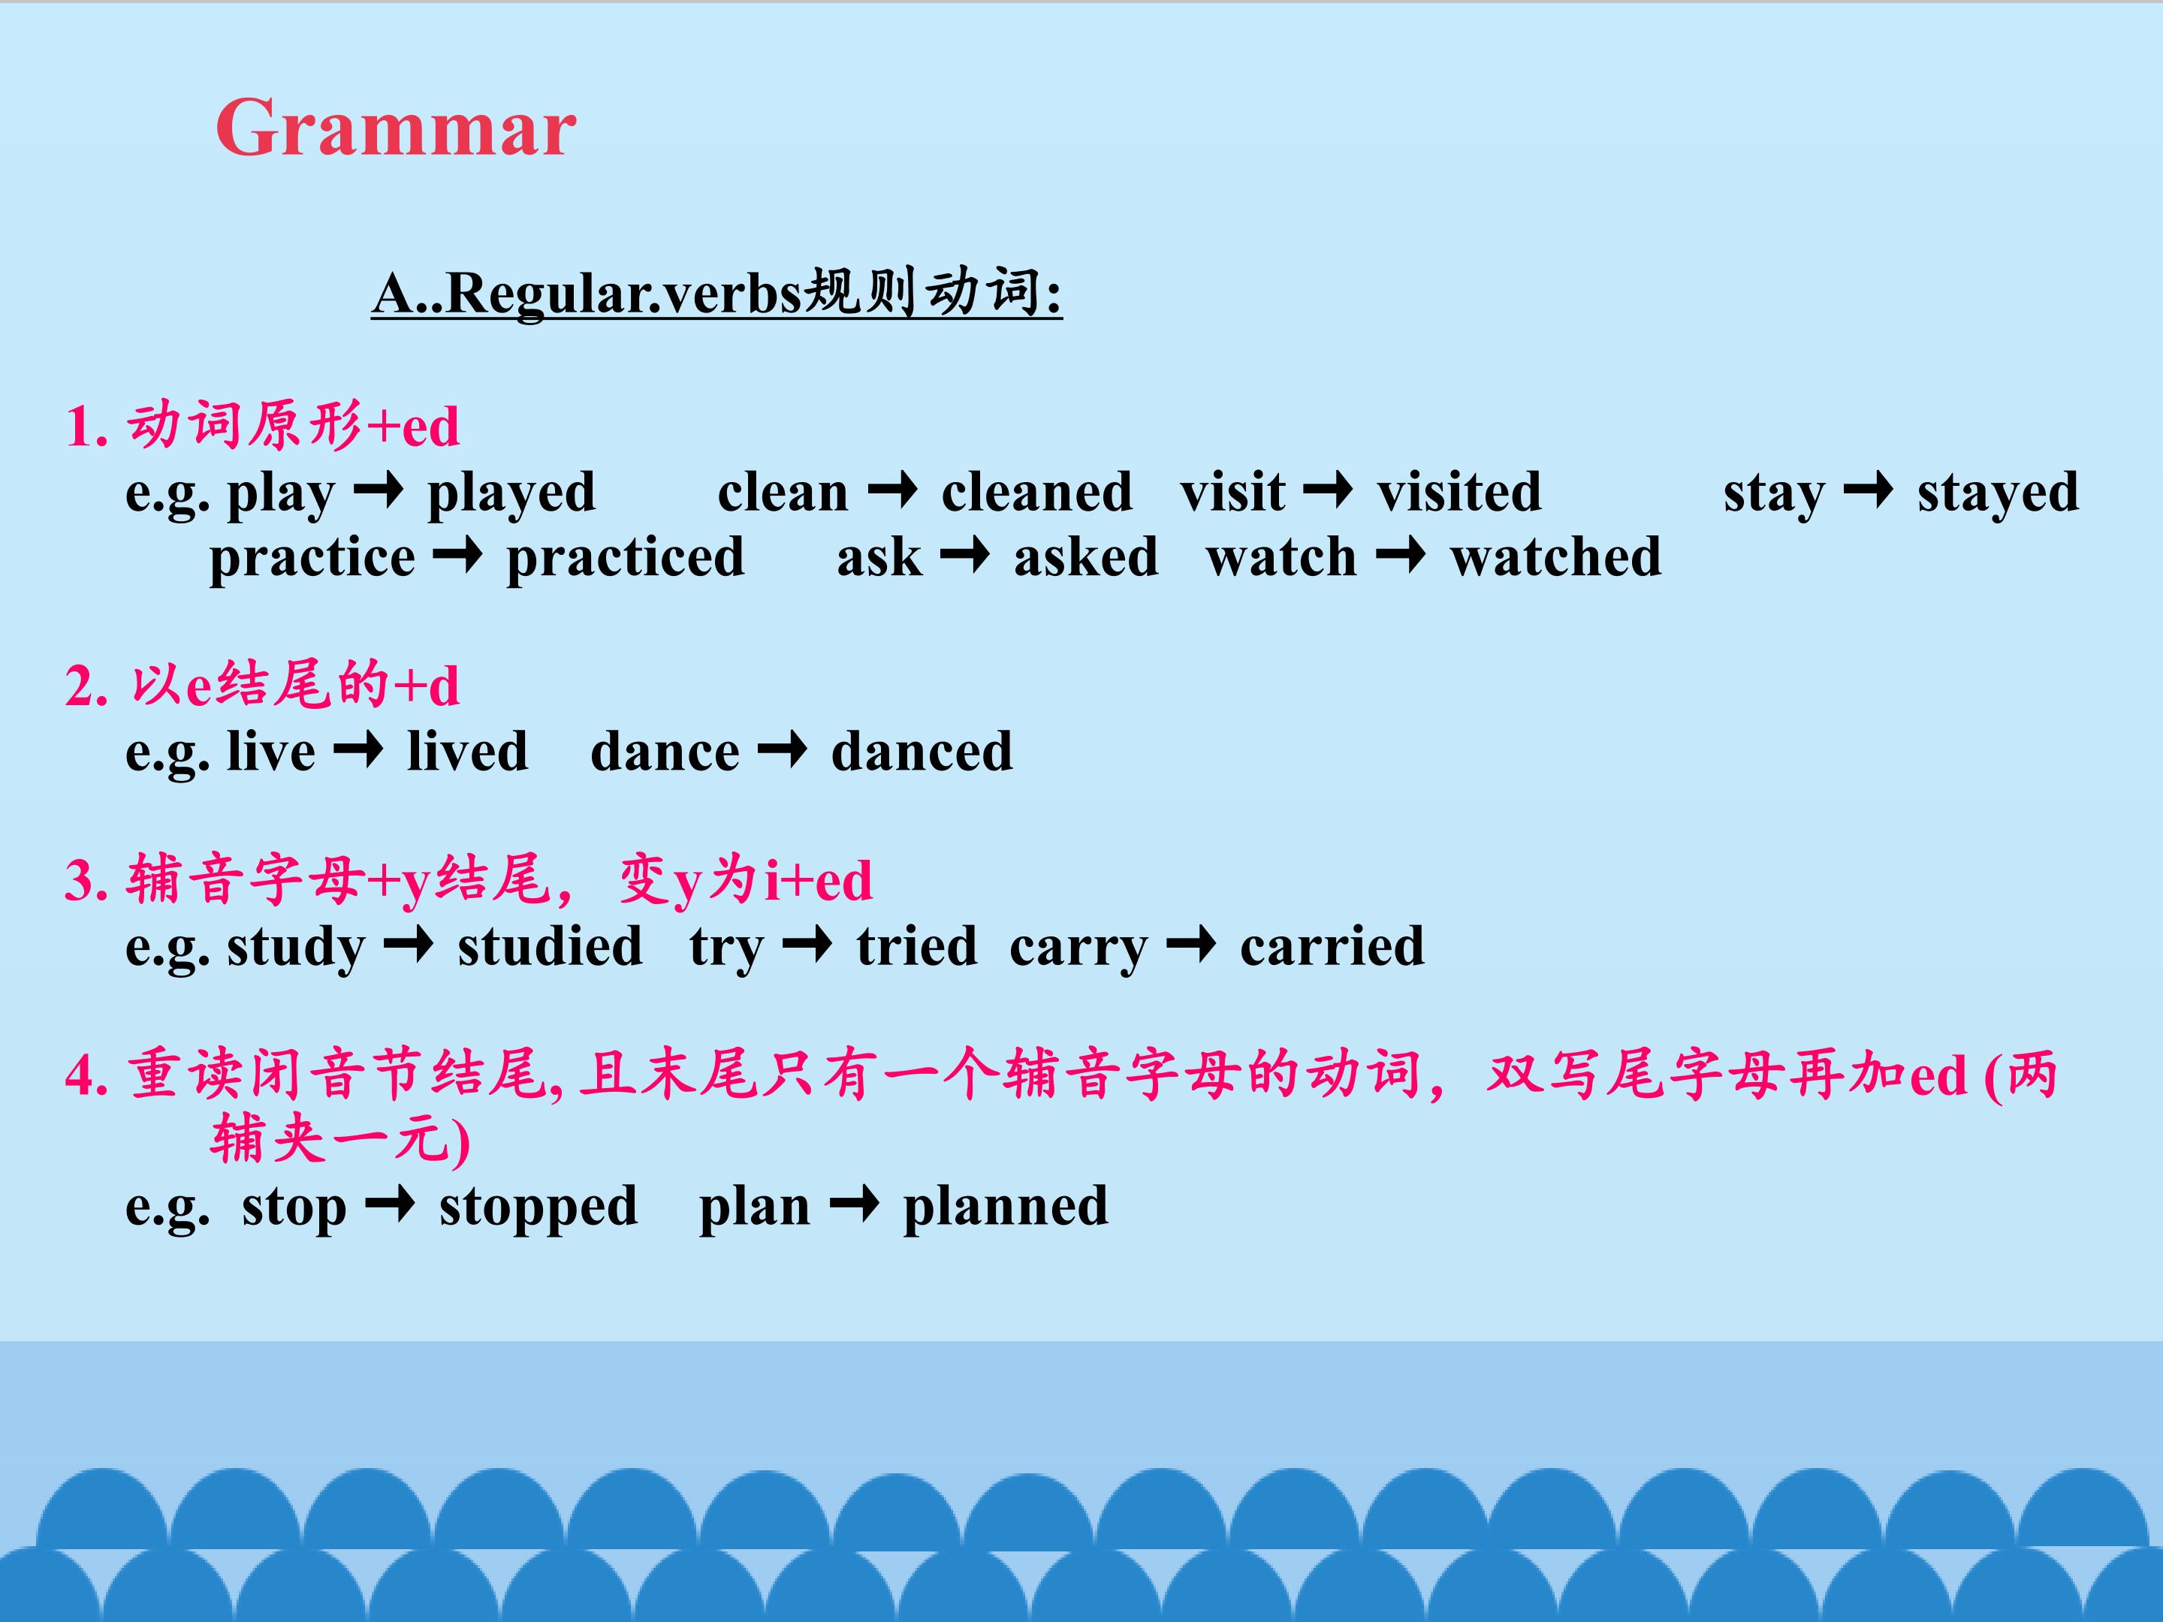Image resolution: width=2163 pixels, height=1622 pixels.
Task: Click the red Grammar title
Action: [x=395, y=128]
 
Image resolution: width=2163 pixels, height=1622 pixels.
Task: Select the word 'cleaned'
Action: [x=1036, y=491]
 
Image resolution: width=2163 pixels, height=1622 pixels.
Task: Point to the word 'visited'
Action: [x=1459, y=491]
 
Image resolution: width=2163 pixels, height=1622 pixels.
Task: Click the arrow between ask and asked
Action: [x=964, y=557]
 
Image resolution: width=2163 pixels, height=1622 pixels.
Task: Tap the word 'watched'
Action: [x=1555, y=556]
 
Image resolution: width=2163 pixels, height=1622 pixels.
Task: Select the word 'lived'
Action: [x=467, y=751]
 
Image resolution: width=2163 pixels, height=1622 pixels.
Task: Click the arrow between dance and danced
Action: [x=783, y=751]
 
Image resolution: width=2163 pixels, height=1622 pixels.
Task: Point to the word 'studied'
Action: [x=550, y=945]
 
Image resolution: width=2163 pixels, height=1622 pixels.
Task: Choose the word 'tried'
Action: [x=917, y=945]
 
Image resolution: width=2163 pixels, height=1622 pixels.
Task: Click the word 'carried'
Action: [x=1332, y=945]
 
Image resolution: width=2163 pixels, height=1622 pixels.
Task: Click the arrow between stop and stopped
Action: [x=390, y=1205]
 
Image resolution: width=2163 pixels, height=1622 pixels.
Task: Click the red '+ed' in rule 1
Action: [x=412, y=427]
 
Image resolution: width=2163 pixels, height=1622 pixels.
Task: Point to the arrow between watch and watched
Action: [x=1400, y=557]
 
